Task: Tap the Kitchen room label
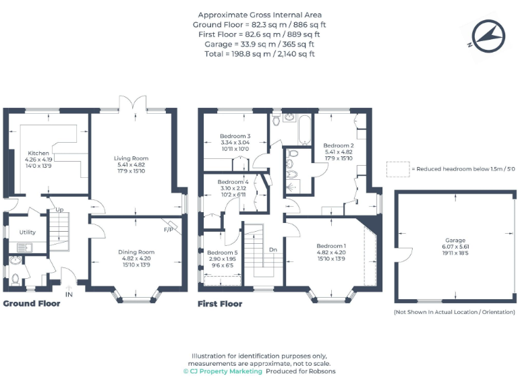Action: [x=38, y=154]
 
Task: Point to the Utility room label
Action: [x=27, y=232]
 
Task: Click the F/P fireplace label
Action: [x=169, y=229]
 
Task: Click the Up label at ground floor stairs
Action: [x=59, y=209]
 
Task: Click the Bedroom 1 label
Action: [x=331, y=246]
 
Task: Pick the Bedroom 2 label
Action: [x=338, y=145]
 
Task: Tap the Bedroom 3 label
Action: [x=235, y=136]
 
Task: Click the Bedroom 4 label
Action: [x=233, y=182]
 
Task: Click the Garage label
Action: [x=455, y=240]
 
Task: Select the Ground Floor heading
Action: [x=32, y=304]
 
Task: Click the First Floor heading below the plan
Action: [x=220, y=304]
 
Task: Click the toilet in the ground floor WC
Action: [x=16, y=278]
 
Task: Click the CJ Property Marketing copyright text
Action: [x=222, y=371]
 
